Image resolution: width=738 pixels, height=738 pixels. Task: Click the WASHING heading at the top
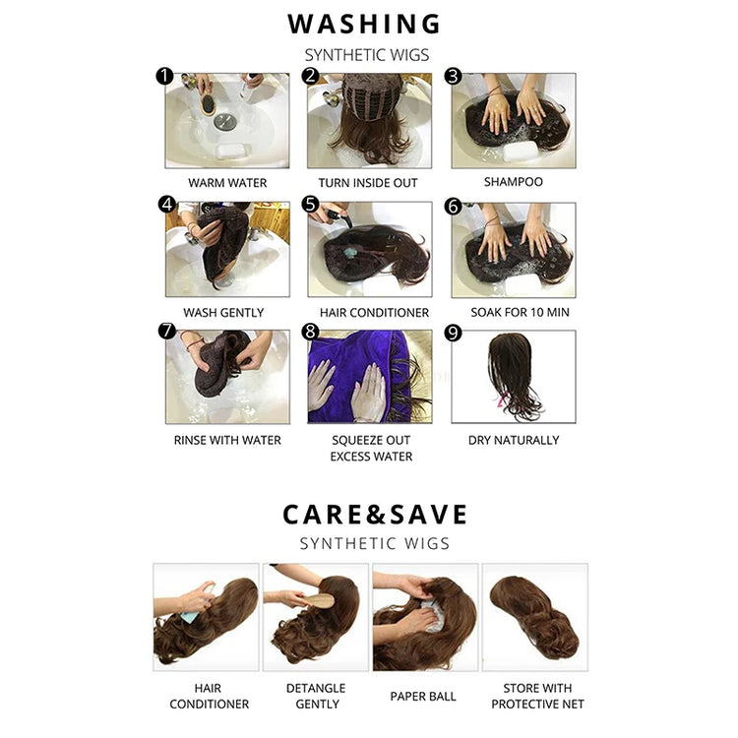click(x=364, y=24)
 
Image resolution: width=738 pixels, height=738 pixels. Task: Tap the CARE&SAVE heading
click(x=375, y=514)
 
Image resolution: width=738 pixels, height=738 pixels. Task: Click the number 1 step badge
click(x=164, y=76)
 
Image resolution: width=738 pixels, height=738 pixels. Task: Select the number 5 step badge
click(x=310, y=205)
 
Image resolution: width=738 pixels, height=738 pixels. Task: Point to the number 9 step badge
click(x=453, y=333)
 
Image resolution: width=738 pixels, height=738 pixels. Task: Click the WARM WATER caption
click(x=227, y=183)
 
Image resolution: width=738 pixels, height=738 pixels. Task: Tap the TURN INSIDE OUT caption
click(x=368, y=183)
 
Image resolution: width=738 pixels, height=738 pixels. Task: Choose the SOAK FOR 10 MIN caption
click(x=521, y=312)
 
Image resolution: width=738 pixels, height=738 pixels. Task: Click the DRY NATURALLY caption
click(x=514, y=440)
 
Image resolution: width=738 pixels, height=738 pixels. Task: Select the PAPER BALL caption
click(x=423, y=696)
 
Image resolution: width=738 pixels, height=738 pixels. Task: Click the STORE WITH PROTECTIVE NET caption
click(x=537, y=696)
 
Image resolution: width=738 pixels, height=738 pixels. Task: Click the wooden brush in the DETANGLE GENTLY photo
click(x=320, y=601)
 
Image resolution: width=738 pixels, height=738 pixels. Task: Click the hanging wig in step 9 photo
click(x=511, y=372)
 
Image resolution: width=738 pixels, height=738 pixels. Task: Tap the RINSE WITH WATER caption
click(x=227, y=440)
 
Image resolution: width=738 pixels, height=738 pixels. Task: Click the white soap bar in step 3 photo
click(x=521, y=152)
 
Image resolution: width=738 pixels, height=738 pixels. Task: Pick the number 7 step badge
click(x=167, y=331)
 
